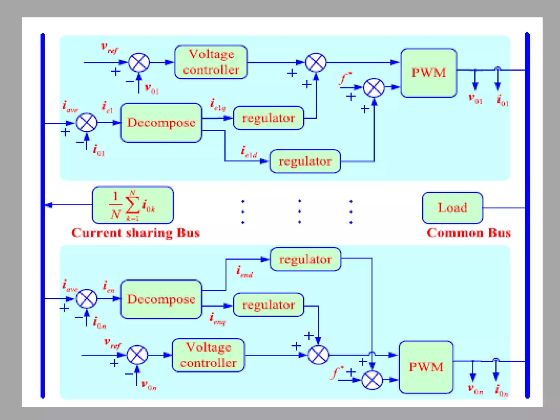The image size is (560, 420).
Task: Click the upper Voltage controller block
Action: click(211, 62)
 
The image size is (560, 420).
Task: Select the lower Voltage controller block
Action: click(208, 355)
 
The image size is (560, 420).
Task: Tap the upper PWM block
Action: click(428, 73)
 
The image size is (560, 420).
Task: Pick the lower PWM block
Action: click(426, 367)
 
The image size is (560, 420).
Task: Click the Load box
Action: click(452, 208)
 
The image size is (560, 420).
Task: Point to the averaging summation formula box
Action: click(133, 205)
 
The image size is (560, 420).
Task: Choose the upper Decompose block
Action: click(161, 122)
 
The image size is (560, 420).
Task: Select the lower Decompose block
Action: click(161, 299)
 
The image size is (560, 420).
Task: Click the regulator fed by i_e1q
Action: click(268, 118)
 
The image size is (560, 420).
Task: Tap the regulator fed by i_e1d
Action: click(305, 161)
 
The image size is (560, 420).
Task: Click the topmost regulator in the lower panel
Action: click(305, 259)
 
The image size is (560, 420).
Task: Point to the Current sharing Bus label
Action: click(136, 233)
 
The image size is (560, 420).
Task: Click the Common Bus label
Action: click(469, 233)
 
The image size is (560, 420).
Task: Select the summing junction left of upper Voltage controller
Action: click(139, 62)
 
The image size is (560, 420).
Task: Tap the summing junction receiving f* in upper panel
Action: click(374, 88)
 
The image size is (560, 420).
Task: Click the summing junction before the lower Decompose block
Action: click(87, 299)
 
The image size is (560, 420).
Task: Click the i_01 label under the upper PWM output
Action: click(503, 100)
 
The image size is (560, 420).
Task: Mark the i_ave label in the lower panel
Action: click(70, 286)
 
